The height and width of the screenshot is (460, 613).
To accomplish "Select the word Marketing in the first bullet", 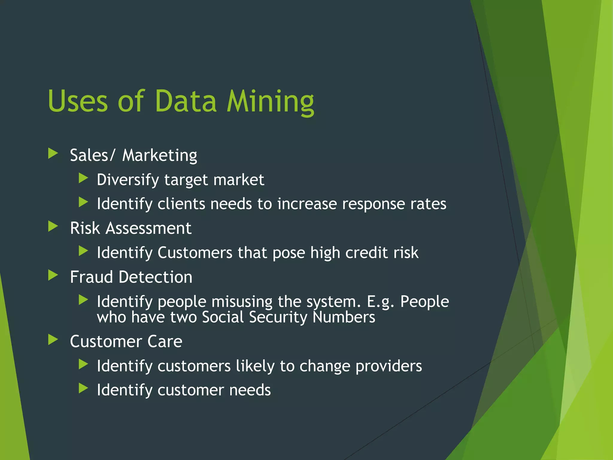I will click(160, 155).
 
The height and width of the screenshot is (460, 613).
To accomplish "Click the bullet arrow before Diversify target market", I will click(83, 178).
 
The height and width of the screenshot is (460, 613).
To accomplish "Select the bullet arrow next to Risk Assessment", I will click(53, 226).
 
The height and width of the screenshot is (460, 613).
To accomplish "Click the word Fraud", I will click(91, 277).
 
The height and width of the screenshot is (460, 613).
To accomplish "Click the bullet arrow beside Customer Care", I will click(53, 340).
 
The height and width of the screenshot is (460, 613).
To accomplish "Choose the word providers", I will click(389, 366).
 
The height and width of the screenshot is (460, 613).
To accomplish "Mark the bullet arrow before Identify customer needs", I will click(83, 388).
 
